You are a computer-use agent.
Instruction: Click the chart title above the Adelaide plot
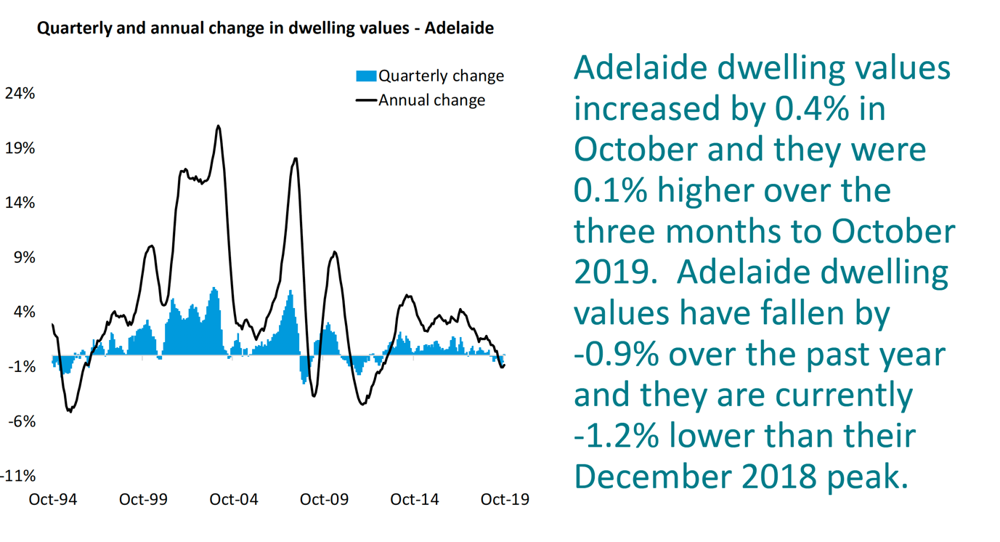265,29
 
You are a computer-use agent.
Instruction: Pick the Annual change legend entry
420,100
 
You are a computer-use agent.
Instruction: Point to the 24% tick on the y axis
20,94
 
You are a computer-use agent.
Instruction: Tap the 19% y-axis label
20,148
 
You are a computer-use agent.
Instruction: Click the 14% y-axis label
20,203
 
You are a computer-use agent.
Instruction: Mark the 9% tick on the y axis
23,257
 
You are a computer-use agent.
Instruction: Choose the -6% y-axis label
22,421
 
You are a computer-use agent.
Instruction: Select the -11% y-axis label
18,476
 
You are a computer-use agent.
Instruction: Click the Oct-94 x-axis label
52,500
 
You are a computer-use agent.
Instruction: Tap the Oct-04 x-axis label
233,500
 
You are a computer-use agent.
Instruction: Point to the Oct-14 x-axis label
415,500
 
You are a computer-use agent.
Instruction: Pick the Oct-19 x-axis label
505,500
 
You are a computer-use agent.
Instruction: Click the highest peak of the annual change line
218,126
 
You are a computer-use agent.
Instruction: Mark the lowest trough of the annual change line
70,412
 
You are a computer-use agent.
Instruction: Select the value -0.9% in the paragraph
617,355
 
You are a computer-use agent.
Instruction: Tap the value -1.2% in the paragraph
617,436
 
